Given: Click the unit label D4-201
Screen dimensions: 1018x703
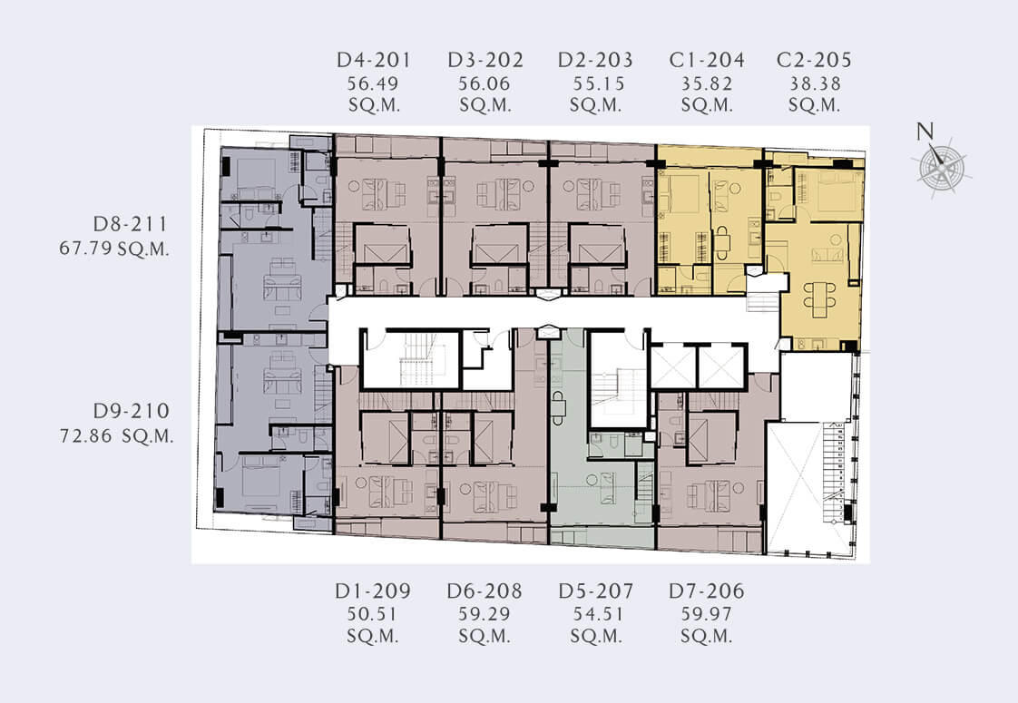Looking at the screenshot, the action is (374, 61).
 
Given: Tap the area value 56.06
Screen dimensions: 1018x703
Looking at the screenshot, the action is (485, 83).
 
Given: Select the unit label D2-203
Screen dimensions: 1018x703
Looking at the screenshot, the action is (595, 61).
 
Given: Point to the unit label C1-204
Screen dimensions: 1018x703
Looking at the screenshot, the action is (707, 61).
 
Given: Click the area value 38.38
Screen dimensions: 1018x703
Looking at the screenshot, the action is (815, 83).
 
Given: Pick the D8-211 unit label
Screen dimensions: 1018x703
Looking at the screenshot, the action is (131, 224).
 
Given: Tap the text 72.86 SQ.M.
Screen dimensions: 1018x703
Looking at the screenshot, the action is (117, 435).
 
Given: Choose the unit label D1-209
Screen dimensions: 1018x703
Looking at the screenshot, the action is (373, 591).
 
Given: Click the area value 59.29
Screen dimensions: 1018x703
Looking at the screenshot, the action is (485, 614).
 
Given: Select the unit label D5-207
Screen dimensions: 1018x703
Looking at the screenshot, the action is (596, 591).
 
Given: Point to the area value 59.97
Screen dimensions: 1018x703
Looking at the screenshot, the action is (707, 614).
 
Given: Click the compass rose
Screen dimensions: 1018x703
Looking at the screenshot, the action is (942, 168).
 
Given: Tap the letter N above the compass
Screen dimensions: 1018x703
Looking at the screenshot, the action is (925, 132).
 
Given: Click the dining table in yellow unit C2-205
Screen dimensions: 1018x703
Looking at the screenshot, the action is (819, 298).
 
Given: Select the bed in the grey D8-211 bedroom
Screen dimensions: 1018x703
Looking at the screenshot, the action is (256, 175).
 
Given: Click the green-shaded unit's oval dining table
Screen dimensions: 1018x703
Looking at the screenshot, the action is (558, 407).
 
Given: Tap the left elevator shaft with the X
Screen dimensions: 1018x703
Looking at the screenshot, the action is (673, 366).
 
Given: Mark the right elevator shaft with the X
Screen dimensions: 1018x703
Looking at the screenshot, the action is (721, 366).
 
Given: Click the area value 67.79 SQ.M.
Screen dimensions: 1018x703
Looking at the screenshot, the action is (114, 249).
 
